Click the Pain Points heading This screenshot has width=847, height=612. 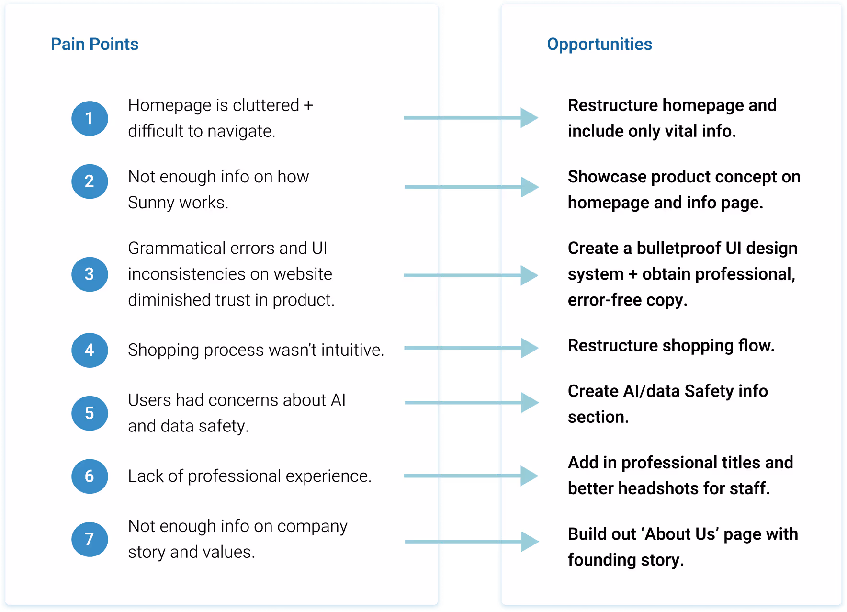coord(94,44)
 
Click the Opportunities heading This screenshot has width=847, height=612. coord(599,44)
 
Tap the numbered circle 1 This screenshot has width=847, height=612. coord(90,118)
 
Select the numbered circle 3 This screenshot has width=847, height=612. coord(90,274)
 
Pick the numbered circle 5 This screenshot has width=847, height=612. coord(90,413)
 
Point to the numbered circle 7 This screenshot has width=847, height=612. coord(90,539)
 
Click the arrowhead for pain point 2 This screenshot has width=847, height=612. coord(529,187)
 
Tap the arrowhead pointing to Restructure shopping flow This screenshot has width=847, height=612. coord(529,348)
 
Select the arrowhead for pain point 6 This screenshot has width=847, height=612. coord(529,476)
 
